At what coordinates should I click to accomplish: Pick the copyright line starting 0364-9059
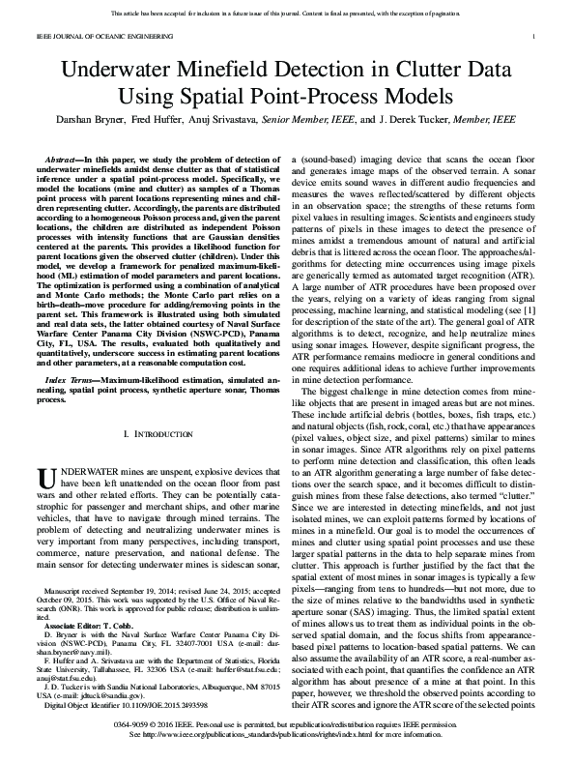[x=285, y=737]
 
